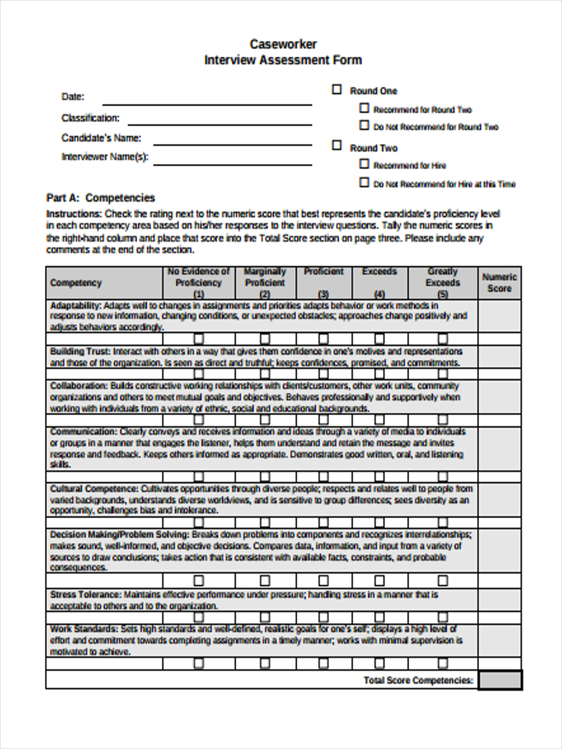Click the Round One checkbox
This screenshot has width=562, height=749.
[337, 90]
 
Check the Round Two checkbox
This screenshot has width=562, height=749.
[337, 145]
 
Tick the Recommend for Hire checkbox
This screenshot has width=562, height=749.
[365, 164]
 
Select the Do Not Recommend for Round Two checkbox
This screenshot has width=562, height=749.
[365, 125]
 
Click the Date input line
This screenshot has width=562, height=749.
[207, 104]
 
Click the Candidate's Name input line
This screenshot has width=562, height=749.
[232, 144]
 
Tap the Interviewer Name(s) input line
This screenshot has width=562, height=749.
[232, 164]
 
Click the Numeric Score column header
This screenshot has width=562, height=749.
[499, 283]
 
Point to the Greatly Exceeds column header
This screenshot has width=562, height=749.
[442, 283]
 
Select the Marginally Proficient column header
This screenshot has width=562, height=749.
[265, 283]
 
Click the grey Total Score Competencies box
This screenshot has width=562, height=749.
[500, 680]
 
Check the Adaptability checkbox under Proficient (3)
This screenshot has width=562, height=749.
[323, 339]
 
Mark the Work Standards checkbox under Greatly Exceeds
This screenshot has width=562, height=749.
[442, 663]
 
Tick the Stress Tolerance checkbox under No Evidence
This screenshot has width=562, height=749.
[199, 617]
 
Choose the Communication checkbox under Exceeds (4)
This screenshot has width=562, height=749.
[379, 476]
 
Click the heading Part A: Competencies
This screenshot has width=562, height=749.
[101, 198]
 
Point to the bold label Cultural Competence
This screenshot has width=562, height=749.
[94, 489]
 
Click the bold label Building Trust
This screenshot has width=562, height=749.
[80, 351]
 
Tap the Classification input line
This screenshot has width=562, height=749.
[219, 124]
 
